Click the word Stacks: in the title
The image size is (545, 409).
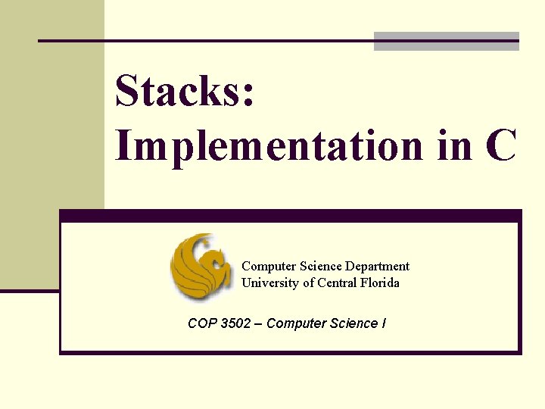click(x=185, y=92)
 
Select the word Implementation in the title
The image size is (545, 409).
click(x=269, y=145)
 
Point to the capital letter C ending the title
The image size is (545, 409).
click(x=502, y=145)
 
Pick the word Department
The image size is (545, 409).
click(x=377, y=266)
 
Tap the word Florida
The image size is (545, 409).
click(x=380, y=283)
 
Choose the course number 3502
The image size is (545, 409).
click(x=235, y=323)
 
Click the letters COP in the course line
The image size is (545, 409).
click(x=202, y=323)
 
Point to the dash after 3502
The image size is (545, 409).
click(x=259, y=323)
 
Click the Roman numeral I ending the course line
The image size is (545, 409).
click(x=384, y=323)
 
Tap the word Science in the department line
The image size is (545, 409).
click(x=321, y=266)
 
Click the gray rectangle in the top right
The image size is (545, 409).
click(x=447, y=42)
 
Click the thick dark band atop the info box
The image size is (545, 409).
click(x=291, y=216)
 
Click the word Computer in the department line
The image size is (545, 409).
click(x=269, y=266)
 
